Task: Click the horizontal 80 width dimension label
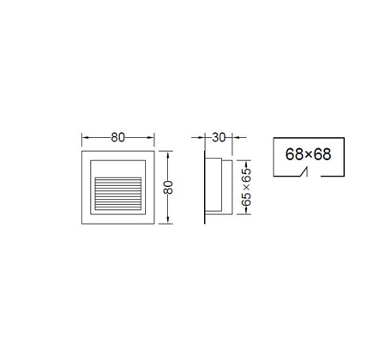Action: pos(118,137)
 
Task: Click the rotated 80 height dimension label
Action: pos(168,187)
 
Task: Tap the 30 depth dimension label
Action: pos(219,137)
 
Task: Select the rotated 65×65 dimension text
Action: pos(246,187)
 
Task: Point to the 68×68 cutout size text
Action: pos(309,154)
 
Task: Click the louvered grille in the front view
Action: pos(118,194)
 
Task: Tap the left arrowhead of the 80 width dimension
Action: pos(86,138)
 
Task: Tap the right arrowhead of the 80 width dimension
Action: pos(151,138)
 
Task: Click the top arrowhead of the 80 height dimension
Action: pos(168,155)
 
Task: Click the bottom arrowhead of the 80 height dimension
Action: pos(168,219)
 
